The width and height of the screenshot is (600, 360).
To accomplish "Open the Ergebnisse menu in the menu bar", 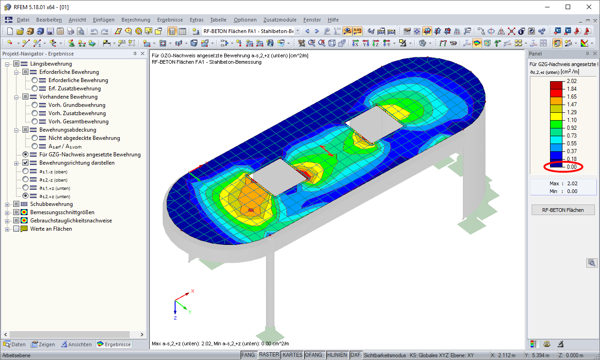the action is [170, 20].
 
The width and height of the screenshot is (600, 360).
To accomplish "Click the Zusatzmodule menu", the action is [280, 20].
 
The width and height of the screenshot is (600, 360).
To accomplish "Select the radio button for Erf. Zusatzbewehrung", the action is [34, 89].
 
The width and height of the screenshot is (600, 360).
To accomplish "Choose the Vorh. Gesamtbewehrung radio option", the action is [34, 122].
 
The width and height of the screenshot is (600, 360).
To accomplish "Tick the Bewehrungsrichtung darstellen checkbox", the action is [26, 163].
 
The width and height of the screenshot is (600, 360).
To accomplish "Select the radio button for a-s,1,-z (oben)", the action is [26, 171].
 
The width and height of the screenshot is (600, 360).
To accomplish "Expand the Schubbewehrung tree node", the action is [7, 205].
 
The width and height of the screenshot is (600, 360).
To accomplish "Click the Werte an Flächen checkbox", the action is [17, 229].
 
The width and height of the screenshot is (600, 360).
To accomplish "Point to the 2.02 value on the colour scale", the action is [572, 81].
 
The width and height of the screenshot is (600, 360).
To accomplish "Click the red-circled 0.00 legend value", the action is [572, 167].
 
